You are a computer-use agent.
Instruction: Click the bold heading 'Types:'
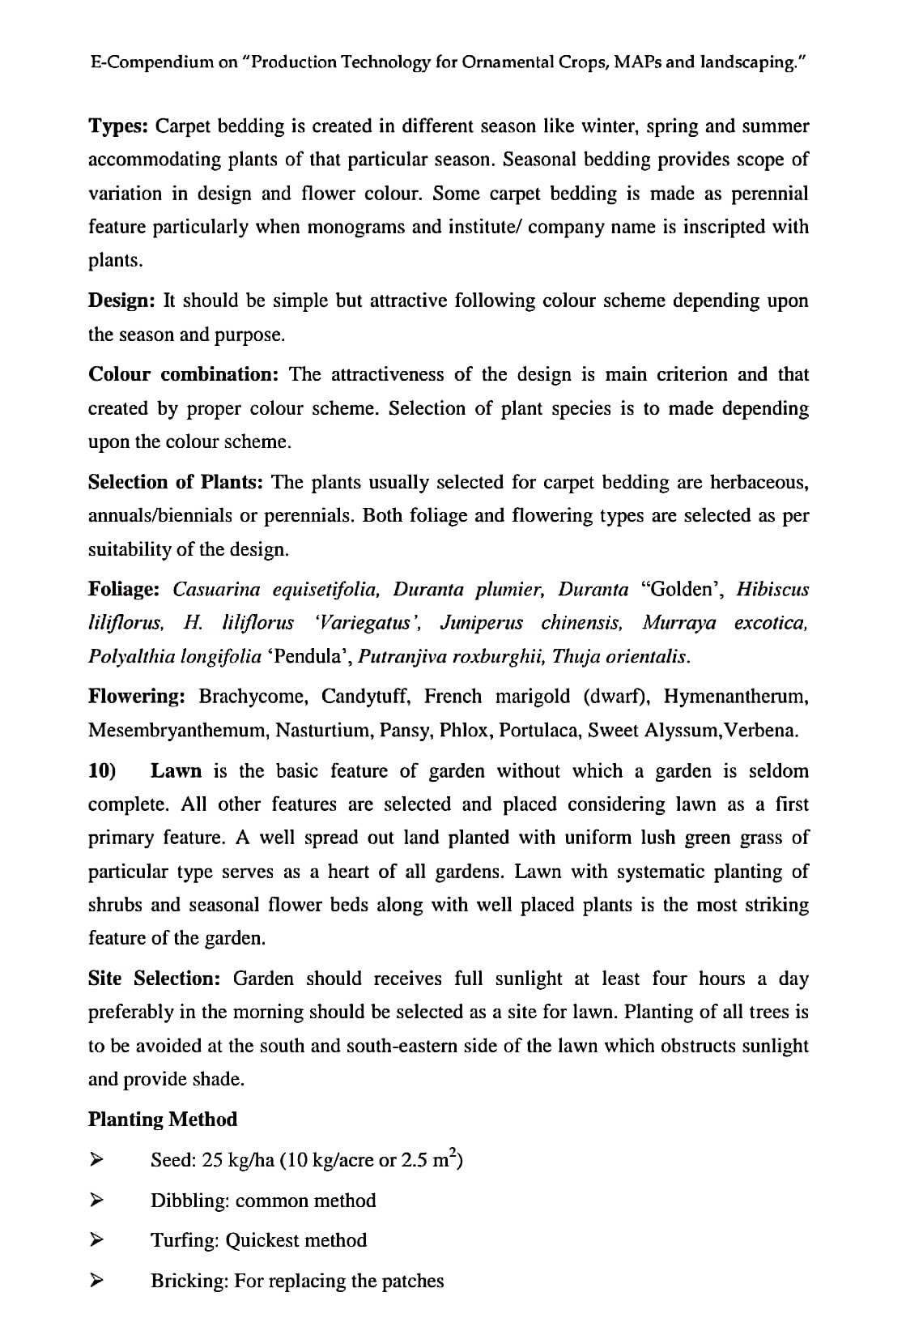118,126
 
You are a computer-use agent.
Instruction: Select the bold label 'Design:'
121,301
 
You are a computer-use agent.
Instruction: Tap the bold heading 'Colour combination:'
183,374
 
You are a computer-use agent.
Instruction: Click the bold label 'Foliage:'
124,589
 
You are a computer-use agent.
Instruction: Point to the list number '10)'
102,770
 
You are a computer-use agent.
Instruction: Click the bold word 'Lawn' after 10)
177,770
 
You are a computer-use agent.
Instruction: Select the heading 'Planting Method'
163,1120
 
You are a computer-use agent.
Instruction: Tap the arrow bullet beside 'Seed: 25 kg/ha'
96,1160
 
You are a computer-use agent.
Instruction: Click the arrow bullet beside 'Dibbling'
96,1200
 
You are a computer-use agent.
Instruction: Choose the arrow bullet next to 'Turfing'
96,1240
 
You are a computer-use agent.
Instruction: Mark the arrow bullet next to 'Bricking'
96,1281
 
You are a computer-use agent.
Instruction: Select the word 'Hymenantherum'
735,696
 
